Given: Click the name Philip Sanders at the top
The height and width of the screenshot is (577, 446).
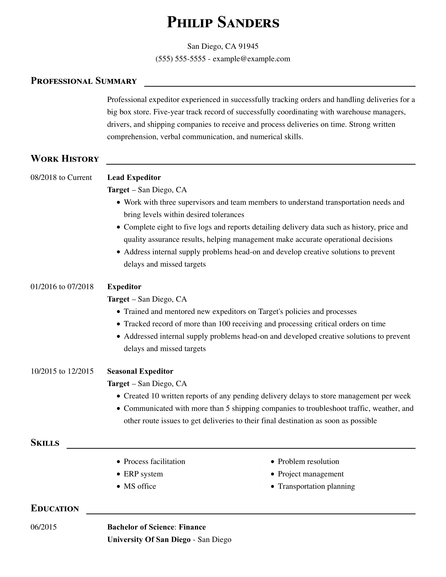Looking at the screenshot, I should pos(223,22).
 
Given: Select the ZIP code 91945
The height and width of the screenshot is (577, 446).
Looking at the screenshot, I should pos(248,46).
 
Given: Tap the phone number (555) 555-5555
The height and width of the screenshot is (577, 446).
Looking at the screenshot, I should pos(180,59).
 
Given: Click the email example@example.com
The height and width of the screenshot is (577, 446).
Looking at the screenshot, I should pos(251,59).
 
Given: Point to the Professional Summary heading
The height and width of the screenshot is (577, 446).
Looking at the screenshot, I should pos(83,81).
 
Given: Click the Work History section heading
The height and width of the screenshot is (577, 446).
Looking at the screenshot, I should pos(65,159).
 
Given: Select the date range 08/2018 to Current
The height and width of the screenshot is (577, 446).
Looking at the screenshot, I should pos(61,177).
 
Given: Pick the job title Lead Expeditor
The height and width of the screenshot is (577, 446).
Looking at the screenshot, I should pos(134,177).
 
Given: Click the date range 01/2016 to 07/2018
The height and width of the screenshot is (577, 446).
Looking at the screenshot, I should pos(62,287).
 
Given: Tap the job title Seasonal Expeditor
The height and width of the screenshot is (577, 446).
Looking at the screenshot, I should pos(140,371).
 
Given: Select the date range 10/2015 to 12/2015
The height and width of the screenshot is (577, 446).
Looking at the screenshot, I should pos(62,371).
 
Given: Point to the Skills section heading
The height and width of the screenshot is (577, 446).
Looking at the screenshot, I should pos(45,443).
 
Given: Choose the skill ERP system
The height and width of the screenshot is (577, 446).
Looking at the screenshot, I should pos(143,474).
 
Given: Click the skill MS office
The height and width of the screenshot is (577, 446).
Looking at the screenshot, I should pos(140,486).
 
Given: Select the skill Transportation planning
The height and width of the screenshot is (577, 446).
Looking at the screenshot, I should pos(316,486).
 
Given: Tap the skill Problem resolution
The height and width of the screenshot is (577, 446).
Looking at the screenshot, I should pos(308,462).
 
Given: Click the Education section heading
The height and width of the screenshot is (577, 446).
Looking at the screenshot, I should pos(55,509).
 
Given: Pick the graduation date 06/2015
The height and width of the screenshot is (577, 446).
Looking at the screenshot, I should pos(44,527).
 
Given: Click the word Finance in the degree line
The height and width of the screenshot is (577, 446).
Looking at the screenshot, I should pos(192,527).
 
